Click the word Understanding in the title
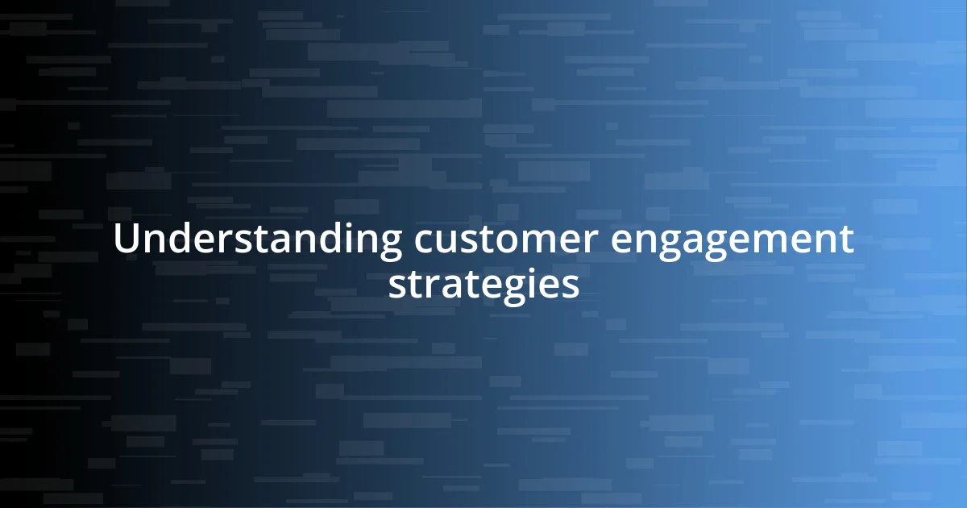click(x=257, y=240)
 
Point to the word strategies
click(x=483, y=284)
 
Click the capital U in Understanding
click(x=126, y=239)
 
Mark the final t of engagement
click(x=846, y=240)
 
